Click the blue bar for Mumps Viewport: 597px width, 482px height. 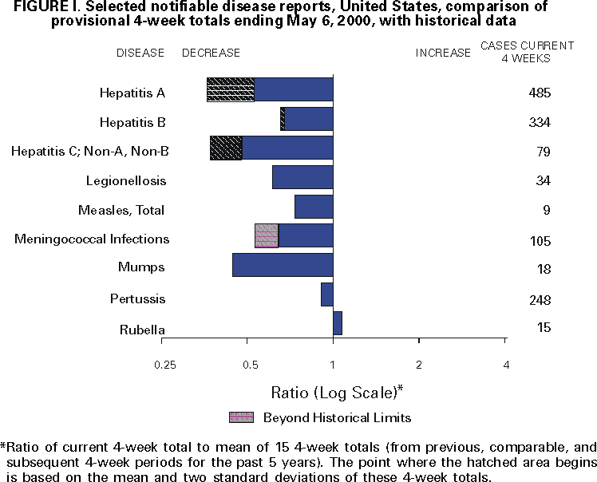click(283, 265)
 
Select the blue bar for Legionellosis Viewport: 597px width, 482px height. click(302, 177)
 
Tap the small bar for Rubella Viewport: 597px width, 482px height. click(338, 323)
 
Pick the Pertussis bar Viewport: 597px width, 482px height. click(327, 294)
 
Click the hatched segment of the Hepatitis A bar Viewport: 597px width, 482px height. click(231, 89)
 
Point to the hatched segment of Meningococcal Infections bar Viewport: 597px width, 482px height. click(267, 235)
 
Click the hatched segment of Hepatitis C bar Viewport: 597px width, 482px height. click(226, 148)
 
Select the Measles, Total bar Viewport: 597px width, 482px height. click(314, 207)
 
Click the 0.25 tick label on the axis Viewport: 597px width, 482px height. click(164, 365)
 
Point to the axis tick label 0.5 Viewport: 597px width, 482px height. click(251, 365)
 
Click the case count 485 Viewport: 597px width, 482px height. click(540, 93)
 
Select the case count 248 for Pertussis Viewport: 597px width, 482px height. click(540, 300)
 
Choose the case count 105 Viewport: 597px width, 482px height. click(540, 241)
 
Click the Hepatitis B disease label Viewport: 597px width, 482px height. click(132, 122)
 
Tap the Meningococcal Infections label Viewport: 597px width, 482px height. click(92, 239)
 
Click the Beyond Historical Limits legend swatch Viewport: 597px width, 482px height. click(241, 417)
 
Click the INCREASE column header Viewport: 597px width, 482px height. click(443, 53)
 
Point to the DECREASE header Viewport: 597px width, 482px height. click(211, 53)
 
